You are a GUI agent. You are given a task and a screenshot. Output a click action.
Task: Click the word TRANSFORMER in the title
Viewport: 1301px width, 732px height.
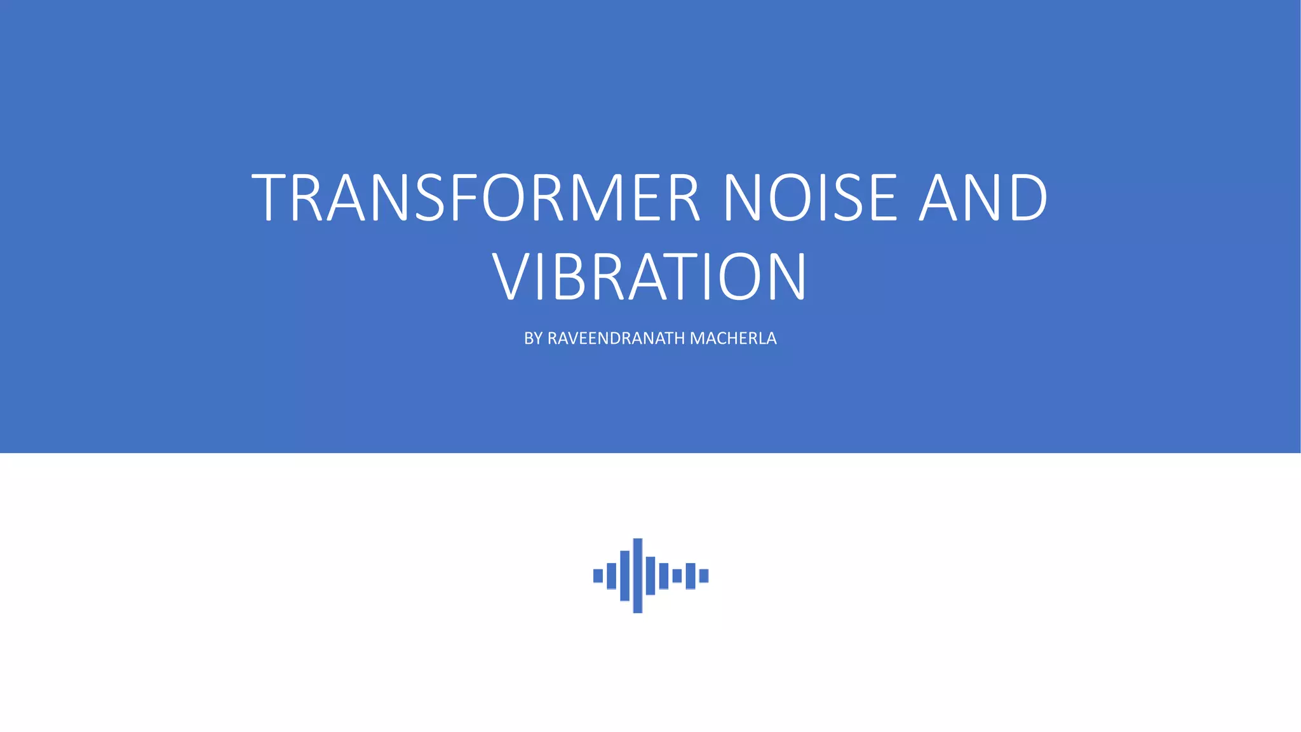pos(475,198)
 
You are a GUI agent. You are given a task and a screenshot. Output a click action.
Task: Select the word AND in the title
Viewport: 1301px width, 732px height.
pos(983,198)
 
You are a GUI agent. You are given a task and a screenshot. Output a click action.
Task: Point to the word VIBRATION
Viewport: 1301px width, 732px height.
pos(649,278)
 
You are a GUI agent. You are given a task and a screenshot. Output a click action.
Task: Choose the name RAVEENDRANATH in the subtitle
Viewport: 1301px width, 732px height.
pos(616,339)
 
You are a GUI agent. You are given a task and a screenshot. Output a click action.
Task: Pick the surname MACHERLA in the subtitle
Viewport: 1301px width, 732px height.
pos(733,339)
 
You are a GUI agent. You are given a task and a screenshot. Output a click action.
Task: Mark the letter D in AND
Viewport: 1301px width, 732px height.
pos(1024,198)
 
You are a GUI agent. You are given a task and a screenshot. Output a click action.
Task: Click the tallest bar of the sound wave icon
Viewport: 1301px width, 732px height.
pos(638,576)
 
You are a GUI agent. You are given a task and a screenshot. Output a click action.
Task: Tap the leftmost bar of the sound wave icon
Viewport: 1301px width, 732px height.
pos(598,576)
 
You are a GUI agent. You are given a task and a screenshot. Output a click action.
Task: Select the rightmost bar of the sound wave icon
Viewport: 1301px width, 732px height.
pos(704,576)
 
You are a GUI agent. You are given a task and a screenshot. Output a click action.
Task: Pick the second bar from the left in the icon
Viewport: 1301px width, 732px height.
pos(611,576)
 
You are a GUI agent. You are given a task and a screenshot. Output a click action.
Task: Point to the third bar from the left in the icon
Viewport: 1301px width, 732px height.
pos(624,576)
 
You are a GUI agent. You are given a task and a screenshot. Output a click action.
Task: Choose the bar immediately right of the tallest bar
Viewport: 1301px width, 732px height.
pos(650,576)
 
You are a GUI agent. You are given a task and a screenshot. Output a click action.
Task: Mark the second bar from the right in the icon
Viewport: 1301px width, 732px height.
pos(691,576)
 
